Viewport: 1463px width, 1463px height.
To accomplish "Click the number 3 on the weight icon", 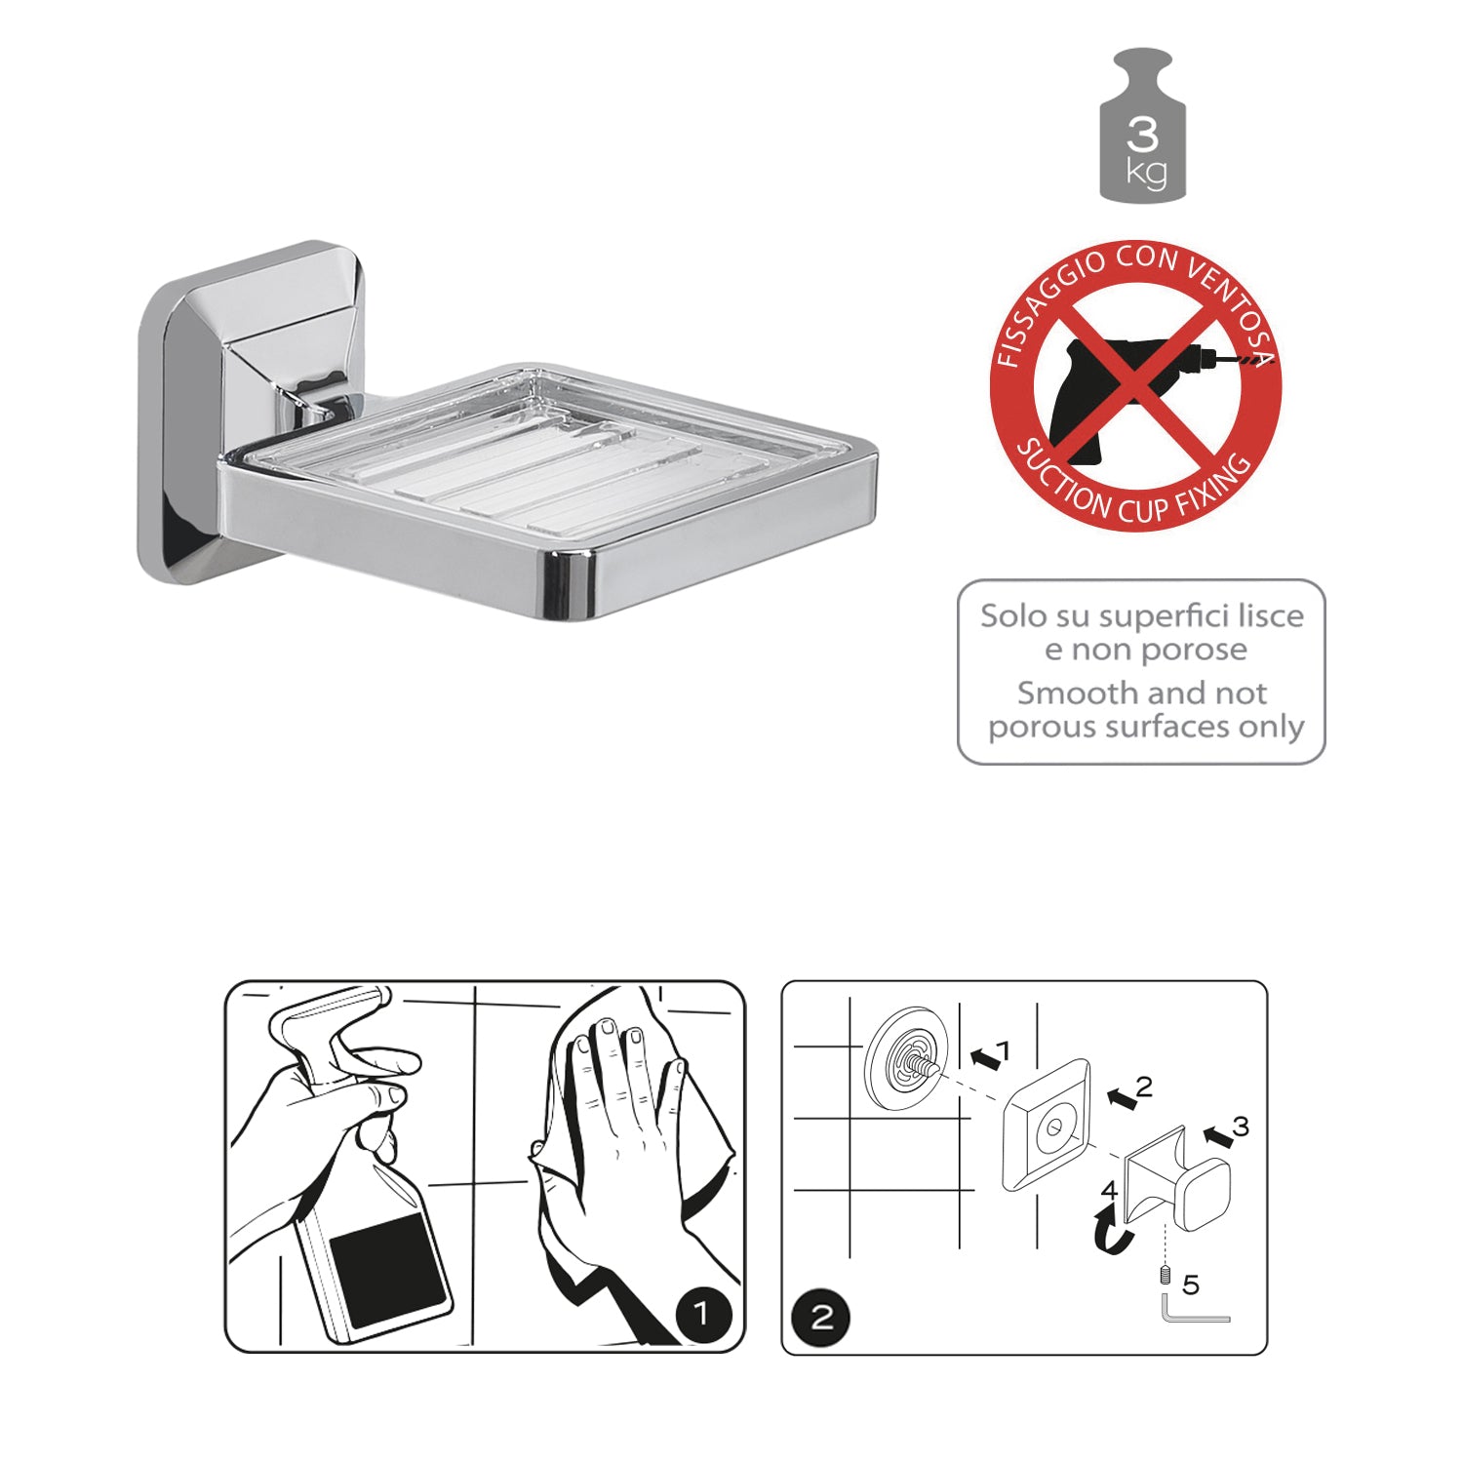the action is tap(1142, 133).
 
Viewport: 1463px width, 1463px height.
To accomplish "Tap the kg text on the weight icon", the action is tap(1145, 173).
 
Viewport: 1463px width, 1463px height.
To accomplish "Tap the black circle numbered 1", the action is tap(702, 1315).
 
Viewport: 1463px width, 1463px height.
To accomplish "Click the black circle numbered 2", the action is tap(822, 1319).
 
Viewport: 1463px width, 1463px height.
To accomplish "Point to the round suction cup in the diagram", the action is tap(906, 1059).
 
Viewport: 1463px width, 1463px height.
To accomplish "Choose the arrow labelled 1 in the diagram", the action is tap(987, 1056).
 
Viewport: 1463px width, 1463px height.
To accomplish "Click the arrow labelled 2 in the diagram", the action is tap(1123, 1098).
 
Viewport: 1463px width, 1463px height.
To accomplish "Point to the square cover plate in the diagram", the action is tap(1047, 1125).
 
